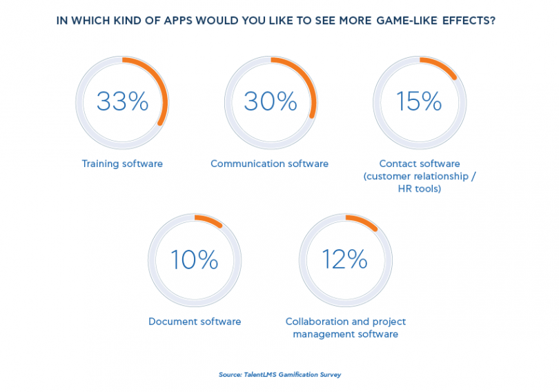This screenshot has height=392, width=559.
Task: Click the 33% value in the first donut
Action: click(122, 101)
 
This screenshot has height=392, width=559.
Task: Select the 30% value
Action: click(270, 101)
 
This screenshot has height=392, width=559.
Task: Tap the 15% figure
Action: click(419, 101)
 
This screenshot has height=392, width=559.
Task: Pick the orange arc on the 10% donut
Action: click(210, 220)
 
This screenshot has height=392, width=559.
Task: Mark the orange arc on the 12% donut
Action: click(363, 222)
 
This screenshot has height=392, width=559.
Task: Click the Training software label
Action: click(122, 164)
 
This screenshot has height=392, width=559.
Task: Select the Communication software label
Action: click(269, 164)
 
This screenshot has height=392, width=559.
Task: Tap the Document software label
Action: click(195, 322)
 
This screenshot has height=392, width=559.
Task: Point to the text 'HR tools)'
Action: click(420, 188)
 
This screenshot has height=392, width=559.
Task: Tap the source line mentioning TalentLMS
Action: click(279, 375)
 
